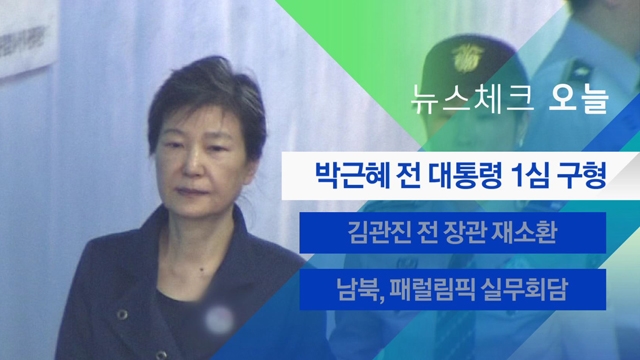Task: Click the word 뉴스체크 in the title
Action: coord(472,100)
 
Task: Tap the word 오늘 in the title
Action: coord(578,100)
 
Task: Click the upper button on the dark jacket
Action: coord(122,314)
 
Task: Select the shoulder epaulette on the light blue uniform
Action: coord(581,71)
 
